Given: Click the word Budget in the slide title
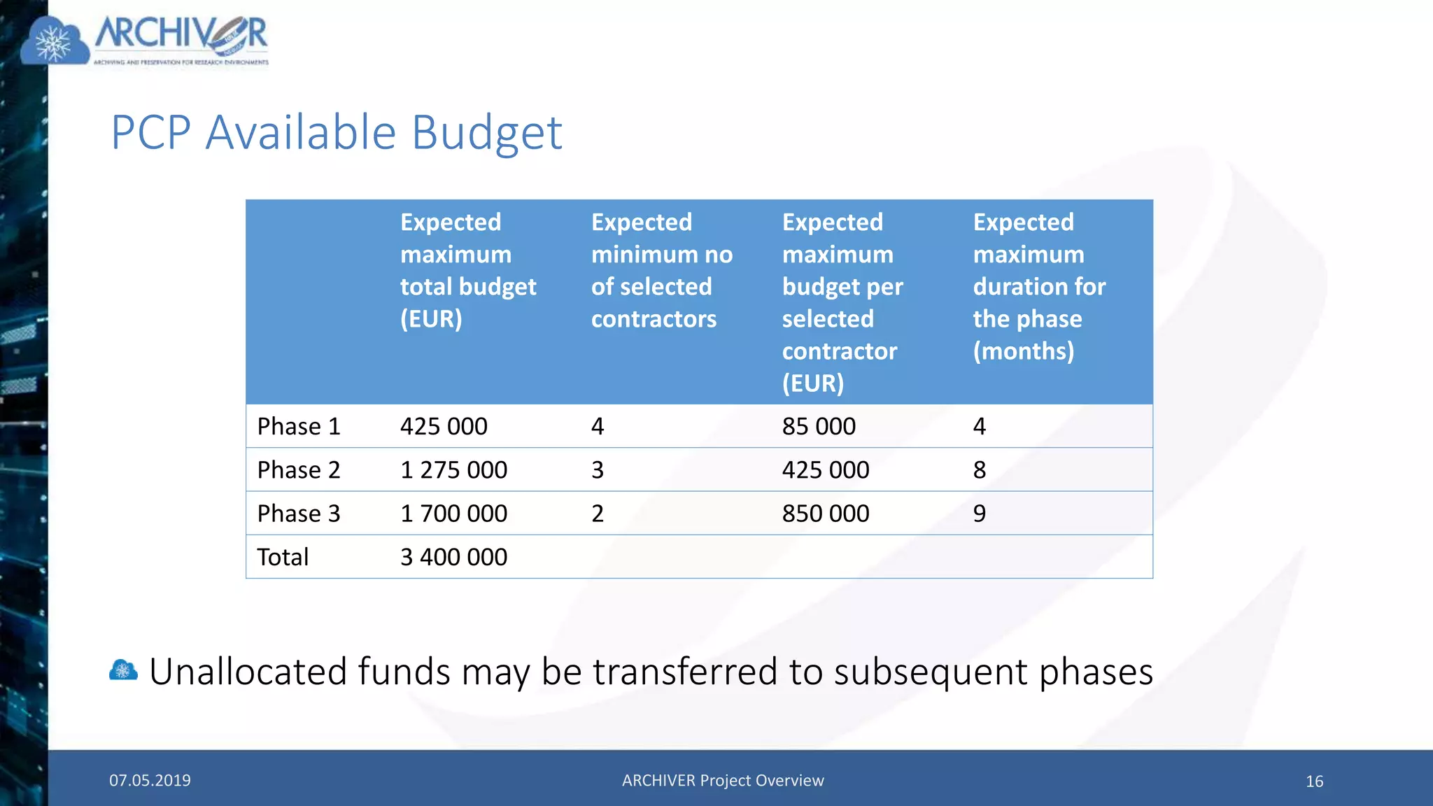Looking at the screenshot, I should (x=486, y=133).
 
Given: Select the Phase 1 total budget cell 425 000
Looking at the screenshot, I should (x=444, y=426).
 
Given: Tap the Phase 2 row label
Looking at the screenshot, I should (x=299, y=469).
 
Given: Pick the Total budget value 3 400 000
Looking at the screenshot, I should (x=453, y=557).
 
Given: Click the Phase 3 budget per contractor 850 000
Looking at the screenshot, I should (x=826, y=514).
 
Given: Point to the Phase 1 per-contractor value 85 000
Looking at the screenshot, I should (x=819, y=426).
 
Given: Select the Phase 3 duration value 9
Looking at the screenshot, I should (x=980, y=514).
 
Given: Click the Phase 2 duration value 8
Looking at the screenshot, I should (x=980, y=469).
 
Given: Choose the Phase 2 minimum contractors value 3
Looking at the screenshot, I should (x=598, y=469).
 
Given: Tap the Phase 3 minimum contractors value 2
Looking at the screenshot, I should (x=598, y=514).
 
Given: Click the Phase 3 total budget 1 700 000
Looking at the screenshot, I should (x=453, y=514).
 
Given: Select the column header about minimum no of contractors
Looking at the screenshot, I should (x=661, y=270).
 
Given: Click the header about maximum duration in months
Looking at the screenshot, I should (x=1039, y=286).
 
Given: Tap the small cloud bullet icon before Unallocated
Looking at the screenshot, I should (x=123, y=670).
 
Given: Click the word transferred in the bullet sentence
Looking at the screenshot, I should (x=685, y=672).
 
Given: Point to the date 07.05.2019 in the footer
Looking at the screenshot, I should (x=150, y=780).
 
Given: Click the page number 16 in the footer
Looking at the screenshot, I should (x=1314, y=782).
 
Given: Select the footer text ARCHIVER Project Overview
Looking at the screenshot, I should (x=723, y=780).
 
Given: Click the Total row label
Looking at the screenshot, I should (x=283, y=557).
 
